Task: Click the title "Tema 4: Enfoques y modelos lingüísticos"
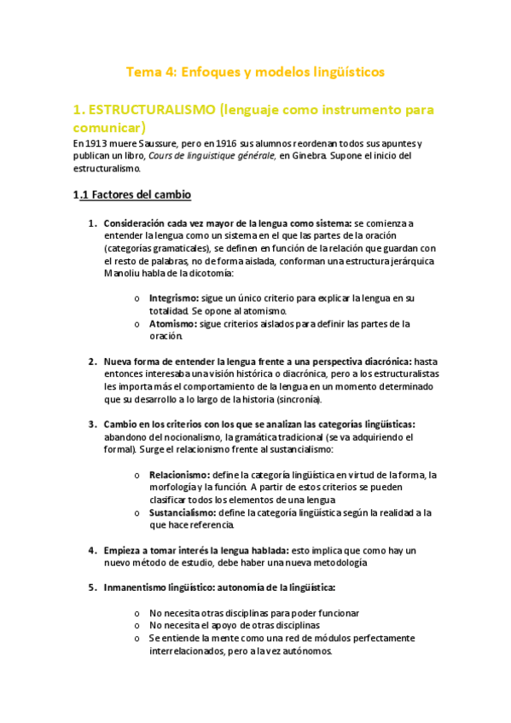[x=255, y=72]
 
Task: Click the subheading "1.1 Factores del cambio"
[x=131, y=195]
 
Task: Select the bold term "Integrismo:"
[x=173, y=298]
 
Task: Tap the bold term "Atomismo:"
[x=172, y=324]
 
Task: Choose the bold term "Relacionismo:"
[x=179, y=474]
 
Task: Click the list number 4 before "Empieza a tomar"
[x=92, y=550]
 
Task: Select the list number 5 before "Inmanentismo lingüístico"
[x=92, y=587]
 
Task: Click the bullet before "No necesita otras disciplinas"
[x=138, y=613]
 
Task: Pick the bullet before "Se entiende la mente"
[x=138, y=638]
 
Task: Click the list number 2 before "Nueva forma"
[x=92, y=361]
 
